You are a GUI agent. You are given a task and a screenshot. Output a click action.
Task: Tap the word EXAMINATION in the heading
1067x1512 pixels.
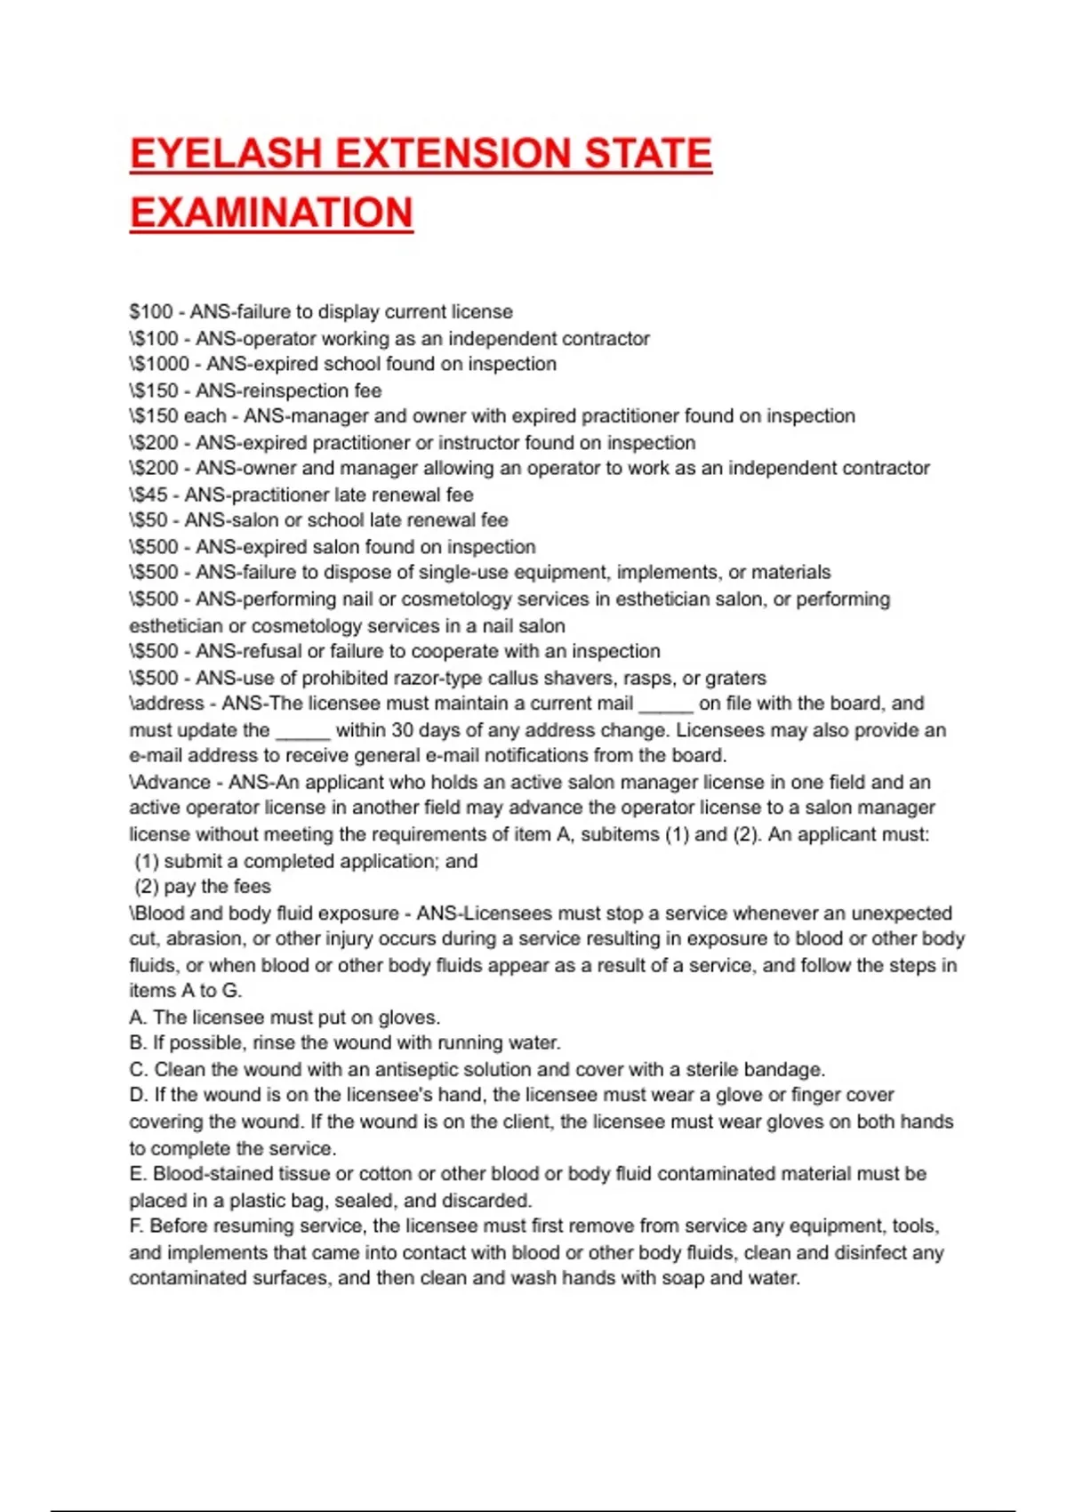[271, 213]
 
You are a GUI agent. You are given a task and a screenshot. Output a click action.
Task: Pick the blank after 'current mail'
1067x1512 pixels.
[666, 705]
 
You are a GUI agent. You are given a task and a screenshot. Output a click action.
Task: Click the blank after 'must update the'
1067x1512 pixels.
[303, 732]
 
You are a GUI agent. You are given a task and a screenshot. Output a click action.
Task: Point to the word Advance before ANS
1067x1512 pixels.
[172, 783]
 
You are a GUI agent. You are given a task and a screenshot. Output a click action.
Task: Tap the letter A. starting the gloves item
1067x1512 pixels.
[138, 1017]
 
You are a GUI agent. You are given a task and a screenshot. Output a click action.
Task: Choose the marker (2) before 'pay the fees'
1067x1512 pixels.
[147, 887]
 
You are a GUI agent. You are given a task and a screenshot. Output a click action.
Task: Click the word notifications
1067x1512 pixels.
[592, 756]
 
